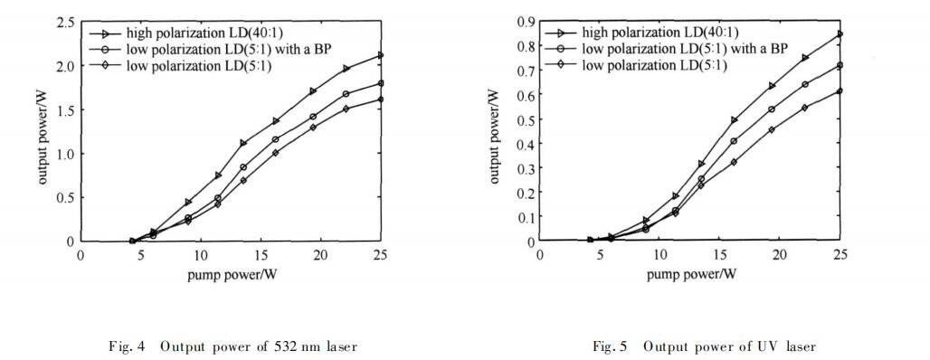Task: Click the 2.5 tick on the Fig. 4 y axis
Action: [64, 21]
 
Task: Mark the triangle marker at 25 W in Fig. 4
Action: [381, 55]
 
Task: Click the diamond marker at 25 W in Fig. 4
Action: [381, 99]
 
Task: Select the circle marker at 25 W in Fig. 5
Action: [840, 65]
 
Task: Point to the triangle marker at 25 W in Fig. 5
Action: [840, 34]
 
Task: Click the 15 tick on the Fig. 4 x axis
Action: [261, 256]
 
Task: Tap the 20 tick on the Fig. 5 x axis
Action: [780, 256]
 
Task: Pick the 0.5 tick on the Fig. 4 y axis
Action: [64, 198]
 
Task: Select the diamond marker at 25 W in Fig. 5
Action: [840, 90]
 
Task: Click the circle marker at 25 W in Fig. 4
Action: [381, 83]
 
